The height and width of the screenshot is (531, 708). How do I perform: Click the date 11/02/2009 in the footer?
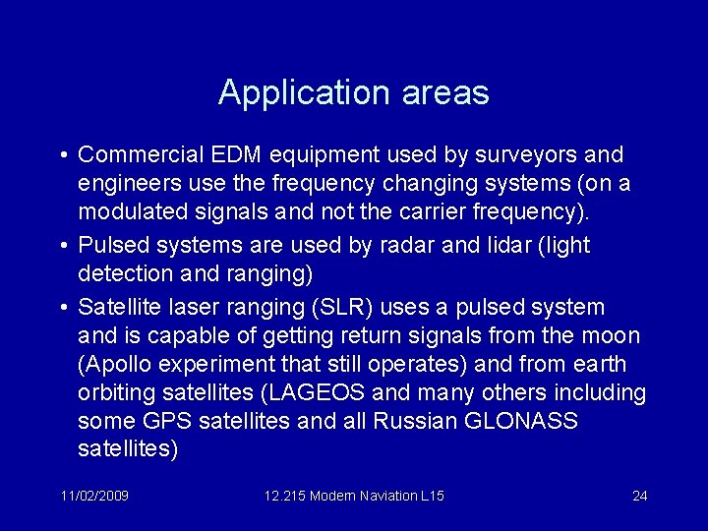(x=93, y=496)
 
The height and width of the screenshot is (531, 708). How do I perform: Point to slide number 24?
(x=639, y=496)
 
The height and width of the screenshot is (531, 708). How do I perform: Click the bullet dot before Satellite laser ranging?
(x=63, y=307)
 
